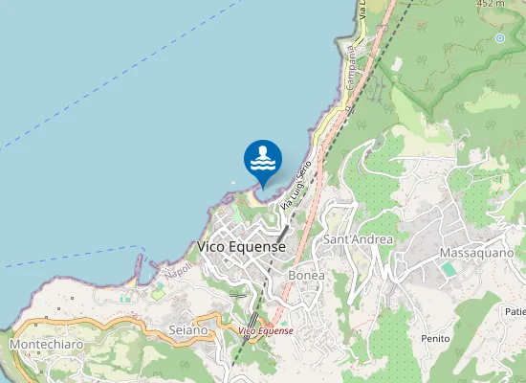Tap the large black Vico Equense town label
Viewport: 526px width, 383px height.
(241, 246)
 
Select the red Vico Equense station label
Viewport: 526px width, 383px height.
(266, 330)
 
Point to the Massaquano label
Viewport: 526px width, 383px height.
(477, 252)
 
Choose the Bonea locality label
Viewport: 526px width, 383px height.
(306, 275)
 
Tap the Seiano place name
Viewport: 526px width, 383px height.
(187, 329)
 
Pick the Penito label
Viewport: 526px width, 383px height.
(435, 339)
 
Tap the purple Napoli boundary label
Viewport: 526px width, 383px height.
(178, 272)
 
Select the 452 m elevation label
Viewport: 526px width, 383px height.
(490, 4)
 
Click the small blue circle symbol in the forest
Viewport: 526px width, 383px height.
(499, 38)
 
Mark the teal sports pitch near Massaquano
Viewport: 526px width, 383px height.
(449, 270)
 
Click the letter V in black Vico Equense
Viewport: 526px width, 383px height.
(202, 246)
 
